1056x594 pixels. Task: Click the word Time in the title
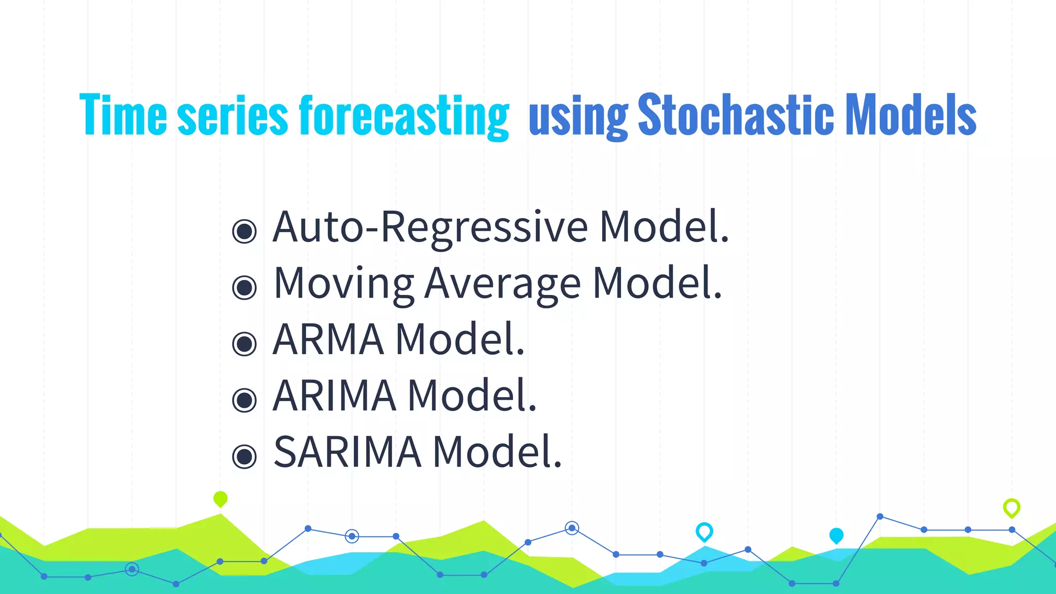click(x=123, y=115)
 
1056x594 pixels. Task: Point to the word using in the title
click(x=578, y=119)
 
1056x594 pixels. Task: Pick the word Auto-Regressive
click(x=430, y=227)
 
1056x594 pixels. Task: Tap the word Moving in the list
click(x=343, y=284)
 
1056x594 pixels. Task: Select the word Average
click(x=503, y=284)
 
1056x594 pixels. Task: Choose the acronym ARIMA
click(x=334, y=395)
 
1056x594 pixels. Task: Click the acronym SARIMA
click(x=347, y=452)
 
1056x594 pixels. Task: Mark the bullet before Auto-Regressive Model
click(x=244, y=231)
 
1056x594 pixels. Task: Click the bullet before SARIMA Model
click(x=244, y=456)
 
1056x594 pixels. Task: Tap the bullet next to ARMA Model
click(x=244, y=344)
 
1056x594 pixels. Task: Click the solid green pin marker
click(x=220, y=499)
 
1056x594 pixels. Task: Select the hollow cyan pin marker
click(x=704, y=531)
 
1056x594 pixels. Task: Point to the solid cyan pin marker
click(x=836, y=535)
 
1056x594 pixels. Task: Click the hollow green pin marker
click(x=1011, y=507)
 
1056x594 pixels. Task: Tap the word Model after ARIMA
click(x=472, y=395)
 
